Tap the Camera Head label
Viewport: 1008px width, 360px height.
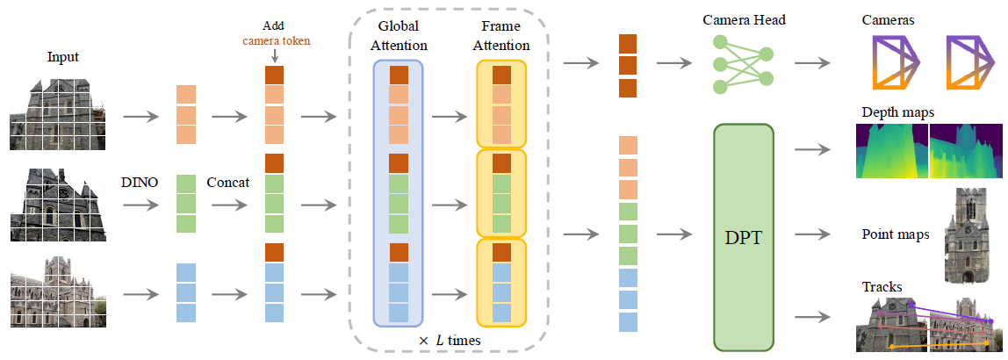[x=743, y=20]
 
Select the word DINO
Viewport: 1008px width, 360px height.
[x=140, y=183]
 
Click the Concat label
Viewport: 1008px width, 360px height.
[x=228, y=183]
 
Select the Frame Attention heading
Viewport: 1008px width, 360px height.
[x=500, y=35]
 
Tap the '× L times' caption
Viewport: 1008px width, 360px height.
[x=450, y=339]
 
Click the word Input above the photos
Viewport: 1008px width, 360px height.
[x=63, y=57]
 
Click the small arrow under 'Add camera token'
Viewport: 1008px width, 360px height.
[x=274, y=57]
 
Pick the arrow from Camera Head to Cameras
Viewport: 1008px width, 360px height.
[x=811, y=63]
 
